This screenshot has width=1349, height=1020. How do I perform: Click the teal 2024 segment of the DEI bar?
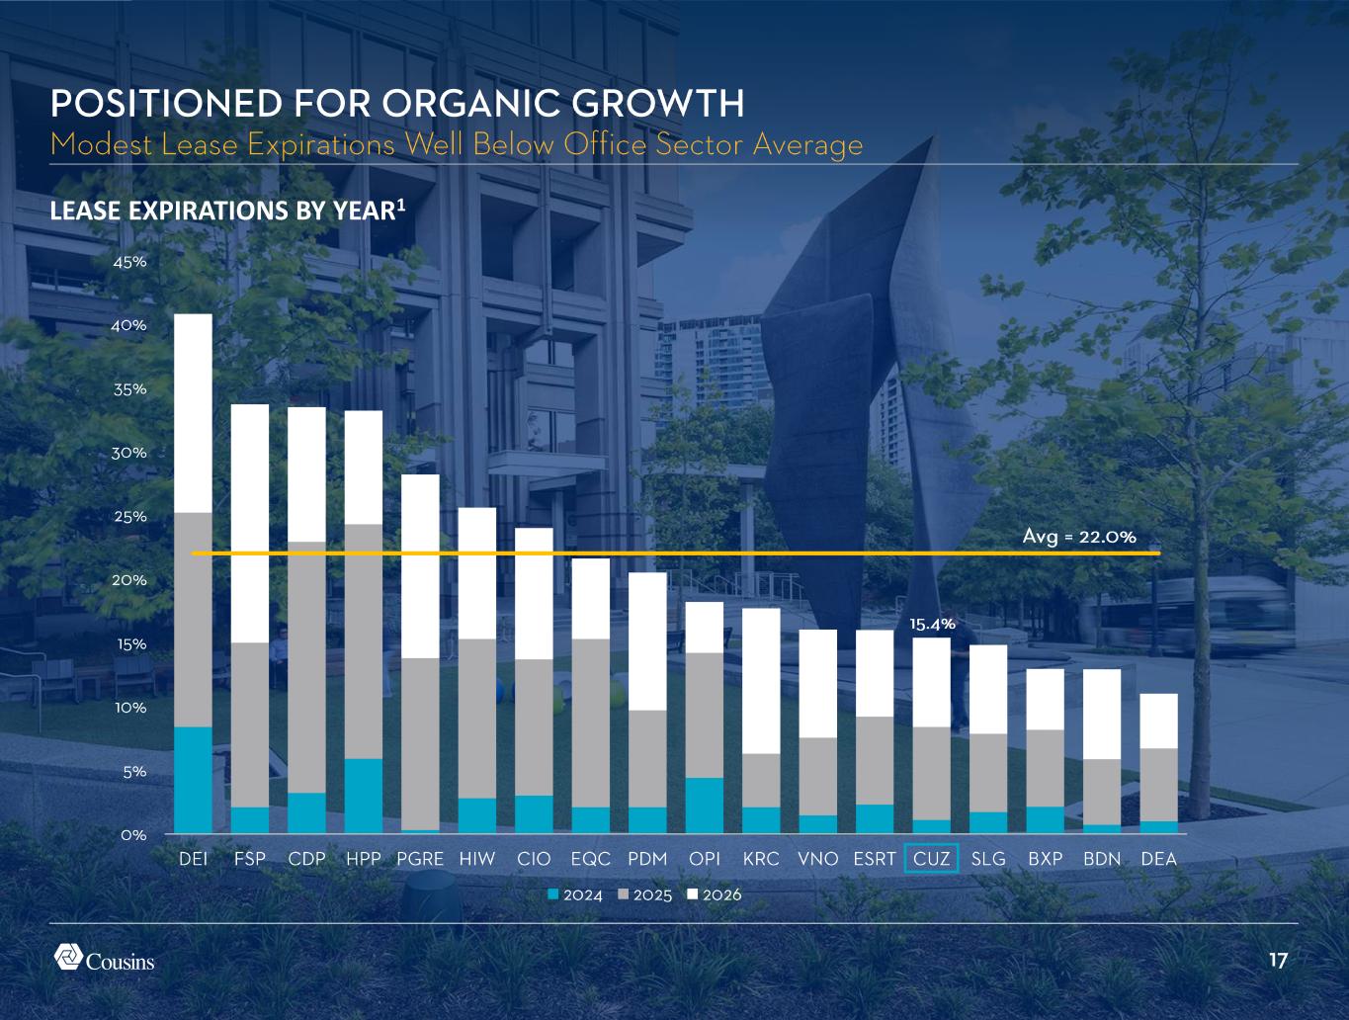193,780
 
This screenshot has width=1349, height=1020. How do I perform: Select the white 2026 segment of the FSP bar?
250,524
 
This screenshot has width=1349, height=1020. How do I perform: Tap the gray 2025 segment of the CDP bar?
306,667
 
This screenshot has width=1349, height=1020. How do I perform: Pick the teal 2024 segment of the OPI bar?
705,806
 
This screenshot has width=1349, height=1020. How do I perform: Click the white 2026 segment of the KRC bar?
761,681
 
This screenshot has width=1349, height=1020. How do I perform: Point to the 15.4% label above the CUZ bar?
932,625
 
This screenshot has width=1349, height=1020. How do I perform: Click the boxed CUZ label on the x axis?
932,858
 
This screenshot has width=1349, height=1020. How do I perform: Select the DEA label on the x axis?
1158,858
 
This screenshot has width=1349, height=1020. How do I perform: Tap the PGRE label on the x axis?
420,858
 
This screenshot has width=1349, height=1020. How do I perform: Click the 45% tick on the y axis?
129,262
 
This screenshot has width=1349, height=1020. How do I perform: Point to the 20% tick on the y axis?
129,580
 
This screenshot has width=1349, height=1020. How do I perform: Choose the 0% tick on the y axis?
133,835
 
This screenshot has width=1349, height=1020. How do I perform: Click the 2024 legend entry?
576,894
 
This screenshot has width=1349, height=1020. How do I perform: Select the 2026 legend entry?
715,894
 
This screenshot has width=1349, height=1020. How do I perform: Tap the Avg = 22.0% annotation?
1079,537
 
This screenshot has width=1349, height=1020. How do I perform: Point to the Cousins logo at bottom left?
104,959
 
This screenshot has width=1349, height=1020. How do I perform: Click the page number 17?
1278,961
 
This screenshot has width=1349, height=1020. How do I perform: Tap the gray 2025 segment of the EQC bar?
591,723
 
